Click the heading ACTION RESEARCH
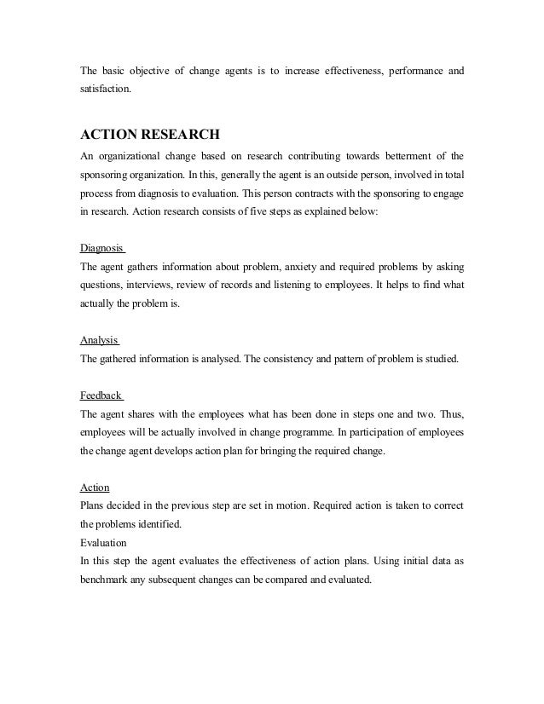coord(150,135)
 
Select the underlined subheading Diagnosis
coord(101,249)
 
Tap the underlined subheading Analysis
coord(98,339)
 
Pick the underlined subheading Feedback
coord(101,396)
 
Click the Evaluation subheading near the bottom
coord(102,542)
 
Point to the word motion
coord(298,505)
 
